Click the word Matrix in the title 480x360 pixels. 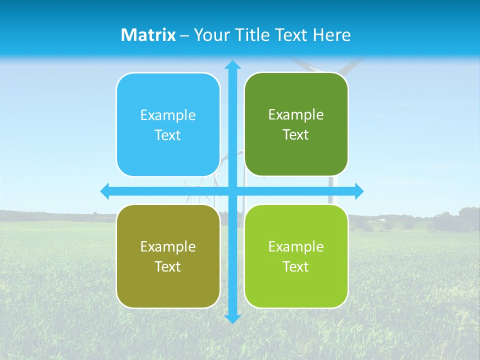tap(148, 35)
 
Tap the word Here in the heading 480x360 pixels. tap(331, 35)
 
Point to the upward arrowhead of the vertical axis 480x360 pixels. tap(232, 64)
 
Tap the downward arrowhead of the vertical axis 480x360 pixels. tap(232, 318)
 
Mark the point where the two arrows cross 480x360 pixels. tap(232, 191)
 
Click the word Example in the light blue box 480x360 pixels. tap(168, 115)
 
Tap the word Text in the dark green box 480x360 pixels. tap(296, 135)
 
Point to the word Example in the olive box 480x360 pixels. tap(168, 246)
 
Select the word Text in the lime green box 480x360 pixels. tap(296, 266)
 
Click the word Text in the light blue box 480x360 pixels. tap(168, 135)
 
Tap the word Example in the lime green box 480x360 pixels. tap(296, 246)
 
